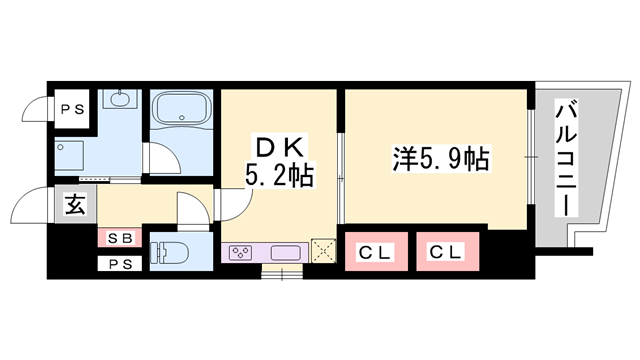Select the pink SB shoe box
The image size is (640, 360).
120,238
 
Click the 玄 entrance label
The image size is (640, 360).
75,205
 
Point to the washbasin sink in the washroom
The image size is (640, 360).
122,100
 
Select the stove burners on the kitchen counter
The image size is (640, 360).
242,252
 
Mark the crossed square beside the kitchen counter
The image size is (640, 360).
322,250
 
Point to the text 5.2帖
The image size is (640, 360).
279,178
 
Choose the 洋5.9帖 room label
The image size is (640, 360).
439,158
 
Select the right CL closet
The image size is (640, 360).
448,251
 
